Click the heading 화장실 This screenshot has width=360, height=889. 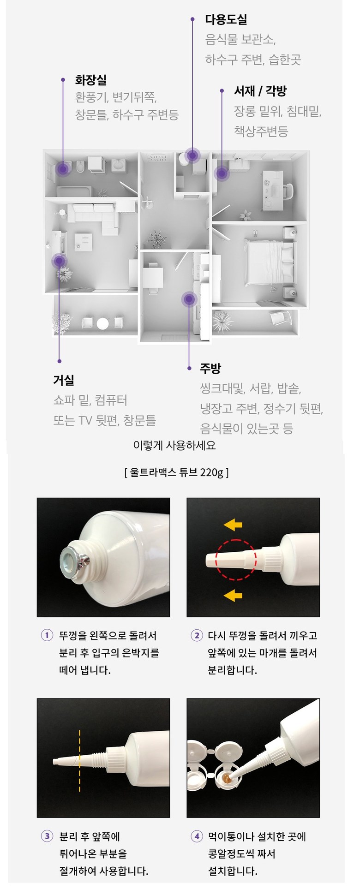point(91,80)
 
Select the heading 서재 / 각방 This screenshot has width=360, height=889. point(260,91)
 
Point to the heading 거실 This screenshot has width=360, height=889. point(64,380)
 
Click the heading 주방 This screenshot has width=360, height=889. point(210,368)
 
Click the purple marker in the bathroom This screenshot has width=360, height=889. point(62,168)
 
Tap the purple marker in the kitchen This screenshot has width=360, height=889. point(188,299)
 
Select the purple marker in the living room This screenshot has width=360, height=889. point(59,261)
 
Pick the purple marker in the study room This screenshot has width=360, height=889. point(222,174)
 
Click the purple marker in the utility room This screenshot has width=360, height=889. point(192,156)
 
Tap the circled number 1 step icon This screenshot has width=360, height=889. point(47,635)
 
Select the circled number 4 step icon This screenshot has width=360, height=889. point(197,836)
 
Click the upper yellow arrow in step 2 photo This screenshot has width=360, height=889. point(233,525)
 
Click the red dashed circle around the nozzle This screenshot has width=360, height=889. point(216,560)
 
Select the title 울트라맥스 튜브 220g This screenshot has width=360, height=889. point(176,472)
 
